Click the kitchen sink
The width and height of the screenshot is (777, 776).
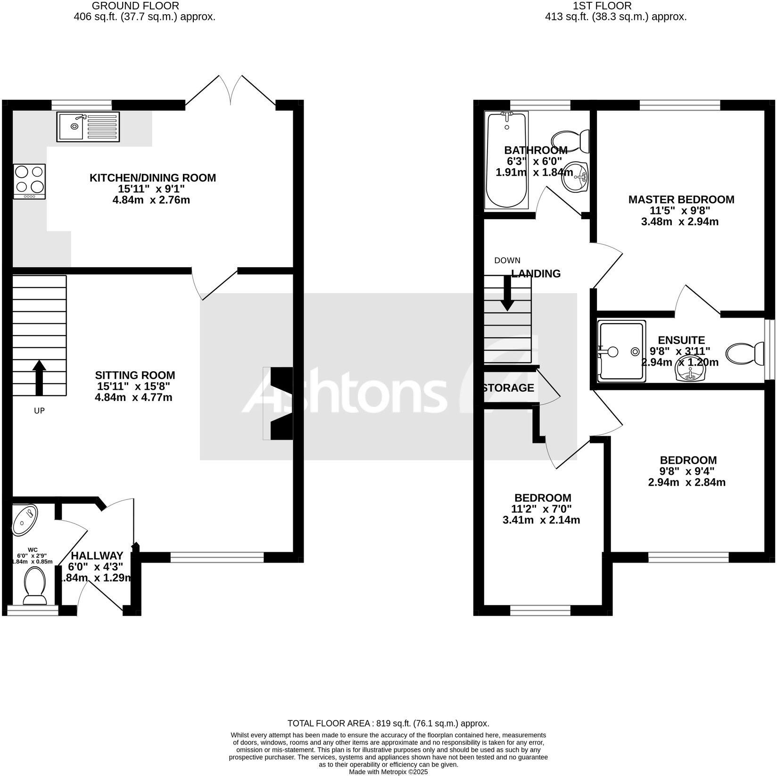[x=88, y=126]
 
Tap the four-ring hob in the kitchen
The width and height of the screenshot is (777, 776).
[x=30, y=181]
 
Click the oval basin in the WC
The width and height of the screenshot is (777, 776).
[x=25, y=520]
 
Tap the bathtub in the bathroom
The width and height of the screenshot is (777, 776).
[x=507, y=160]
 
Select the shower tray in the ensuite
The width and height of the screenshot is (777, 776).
[x=621, y=351]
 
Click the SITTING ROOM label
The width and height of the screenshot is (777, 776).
[x=135, y=375]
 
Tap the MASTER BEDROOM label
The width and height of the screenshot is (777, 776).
[x=681, y=199]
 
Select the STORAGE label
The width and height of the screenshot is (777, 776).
[x=508, y=388]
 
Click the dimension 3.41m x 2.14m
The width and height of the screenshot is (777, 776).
[x=541, y=520]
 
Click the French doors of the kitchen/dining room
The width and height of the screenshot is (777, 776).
[x=231, y=90]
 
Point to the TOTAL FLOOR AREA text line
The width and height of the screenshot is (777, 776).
[x=388, y=723]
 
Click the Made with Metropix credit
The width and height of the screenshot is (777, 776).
[x=388, y=772]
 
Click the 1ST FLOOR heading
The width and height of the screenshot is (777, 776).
[x=602, y=6]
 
